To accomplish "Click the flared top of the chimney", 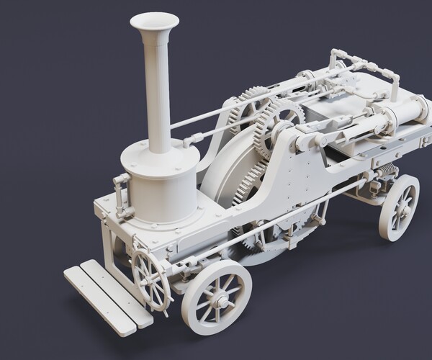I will pos(154,22).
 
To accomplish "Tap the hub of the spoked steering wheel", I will pos(150,279).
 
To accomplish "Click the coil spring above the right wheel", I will pos(387,171).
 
